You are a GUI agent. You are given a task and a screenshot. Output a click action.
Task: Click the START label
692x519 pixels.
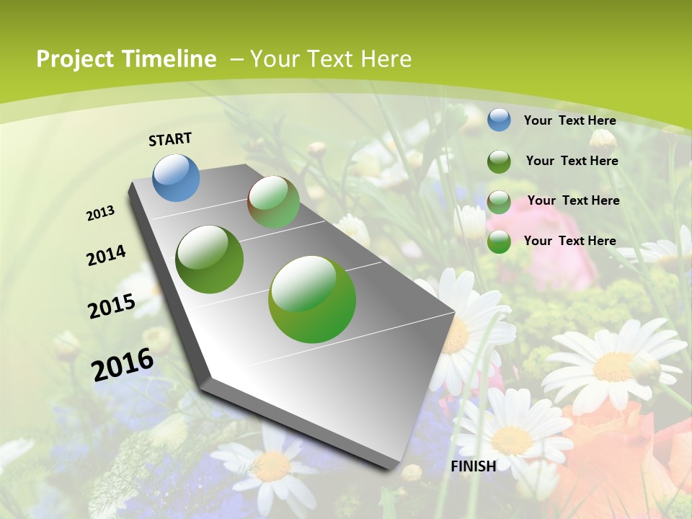coord(170,139)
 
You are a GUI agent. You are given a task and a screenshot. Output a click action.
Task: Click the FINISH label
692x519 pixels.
coord(473,466)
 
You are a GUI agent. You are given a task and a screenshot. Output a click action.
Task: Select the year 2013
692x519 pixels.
coord(101,213)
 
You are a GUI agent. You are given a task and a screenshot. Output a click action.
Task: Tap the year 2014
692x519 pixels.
coord(106,255)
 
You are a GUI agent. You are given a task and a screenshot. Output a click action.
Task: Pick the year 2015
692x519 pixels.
coord(112,306)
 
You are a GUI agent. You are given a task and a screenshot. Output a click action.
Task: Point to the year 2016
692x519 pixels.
coord(123,364)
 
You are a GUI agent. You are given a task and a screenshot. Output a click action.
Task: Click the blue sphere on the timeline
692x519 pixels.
coord(177,177)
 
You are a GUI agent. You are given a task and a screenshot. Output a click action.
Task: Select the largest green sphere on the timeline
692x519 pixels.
coord(312,299)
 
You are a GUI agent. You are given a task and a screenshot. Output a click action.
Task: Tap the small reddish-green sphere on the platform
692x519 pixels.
coord(273,202)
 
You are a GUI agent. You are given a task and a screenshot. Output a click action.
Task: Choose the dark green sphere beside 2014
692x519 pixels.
coord(210,259)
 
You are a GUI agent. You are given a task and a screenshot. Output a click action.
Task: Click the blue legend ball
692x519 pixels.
coord(499,120)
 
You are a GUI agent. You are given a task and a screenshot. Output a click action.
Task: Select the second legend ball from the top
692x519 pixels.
coord(499,161)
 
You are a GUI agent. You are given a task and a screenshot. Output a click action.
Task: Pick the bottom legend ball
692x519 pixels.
coord(499,241)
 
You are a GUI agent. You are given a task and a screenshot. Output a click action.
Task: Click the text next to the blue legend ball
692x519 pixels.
coord(569,120)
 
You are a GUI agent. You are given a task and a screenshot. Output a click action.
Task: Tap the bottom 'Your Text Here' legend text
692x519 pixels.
coord(569,241)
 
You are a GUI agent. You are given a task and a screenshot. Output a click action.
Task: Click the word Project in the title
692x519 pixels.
coord(74,59)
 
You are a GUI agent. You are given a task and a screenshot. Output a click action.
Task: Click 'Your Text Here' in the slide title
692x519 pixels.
coord(330,59)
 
